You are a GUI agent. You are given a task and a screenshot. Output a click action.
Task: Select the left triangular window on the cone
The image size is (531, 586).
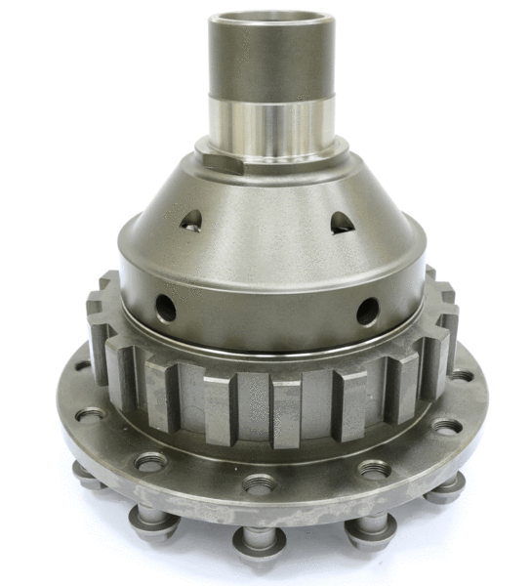coord(191,220)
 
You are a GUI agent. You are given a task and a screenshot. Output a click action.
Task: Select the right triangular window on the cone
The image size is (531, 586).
coord(341,223)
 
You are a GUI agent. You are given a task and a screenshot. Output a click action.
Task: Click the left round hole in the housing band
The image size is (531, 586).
coord(166,309)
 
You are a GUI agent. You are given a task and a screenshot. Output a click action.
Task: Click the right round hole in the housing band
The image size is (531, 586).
coord(367,311)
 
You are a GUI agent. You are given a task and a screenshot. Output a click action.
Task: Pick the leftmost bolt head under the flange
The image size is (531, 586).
coord(87,476)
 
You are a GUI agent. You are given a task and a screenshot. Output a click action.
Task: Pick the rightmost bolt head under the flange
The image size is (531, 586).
coord(446,486)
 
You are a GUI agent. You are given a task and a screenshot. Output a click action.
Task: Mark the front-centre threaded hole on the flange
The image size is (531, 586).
coord(261,482)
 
